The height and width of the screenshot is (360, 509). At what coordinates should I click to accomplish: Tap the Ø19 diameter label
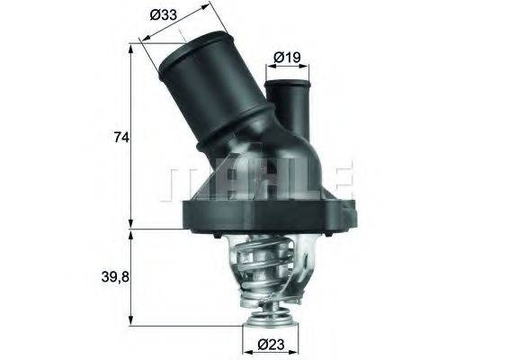click(x=287, y=57)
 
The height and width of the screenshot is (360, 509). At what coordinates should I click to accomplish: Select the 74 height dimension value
click(x=121, y=138)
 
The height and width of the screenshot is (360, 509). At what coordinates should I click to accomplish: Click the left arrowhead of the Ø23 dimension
click(x=245, y=343)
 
